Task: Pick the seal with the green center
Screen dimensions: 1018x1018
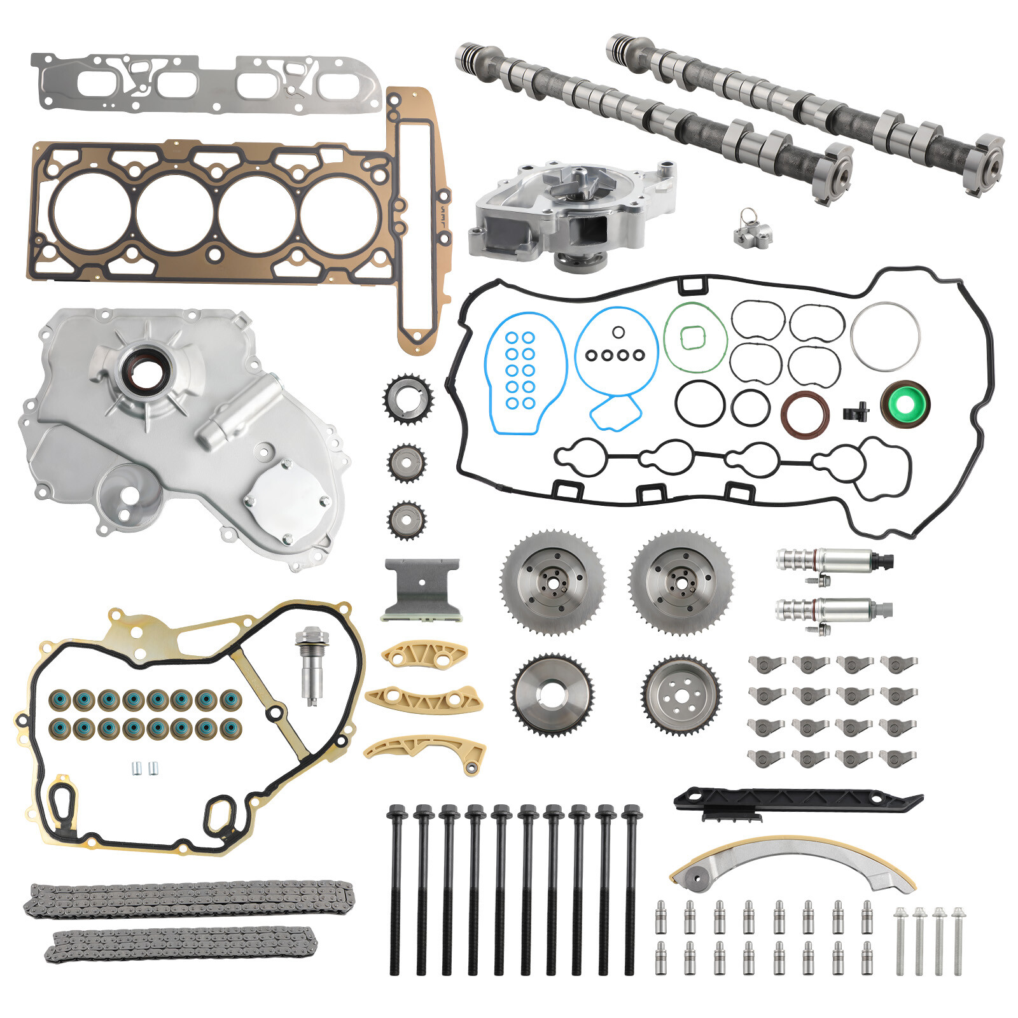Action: [905, 403]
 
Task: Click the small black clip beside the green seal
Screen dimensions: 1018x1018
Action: [856, 412]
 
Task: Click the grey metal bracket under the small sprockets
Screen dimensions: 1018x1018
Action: [421, 589]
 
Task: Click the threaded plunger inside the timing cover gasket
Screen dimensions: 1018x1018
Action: [312, 665]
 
